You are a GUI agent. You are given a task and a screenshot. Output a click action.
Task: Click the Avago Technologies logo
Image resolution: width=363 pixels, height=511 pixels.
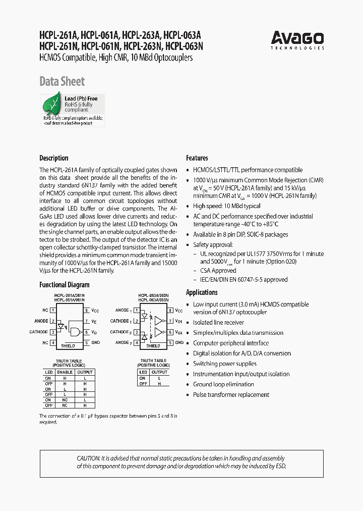[x=297, y=40]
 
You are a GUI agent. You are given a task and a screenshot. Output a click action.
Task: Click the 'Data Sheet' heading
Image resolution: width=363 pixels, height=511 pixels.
[x=62, y=81]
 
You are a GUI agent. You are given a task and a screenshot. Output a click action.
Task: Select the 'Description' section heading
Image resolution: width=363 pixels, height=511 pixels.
[x=53, y=158]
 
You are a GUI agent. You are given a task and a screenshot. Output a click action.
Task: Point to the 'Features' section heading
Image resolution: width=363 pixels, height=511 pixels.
[x=197, y=158]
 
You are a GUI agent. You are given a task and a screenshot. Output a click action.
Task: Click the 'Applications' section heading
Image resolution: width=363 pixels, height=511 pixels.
[x=202, y=292]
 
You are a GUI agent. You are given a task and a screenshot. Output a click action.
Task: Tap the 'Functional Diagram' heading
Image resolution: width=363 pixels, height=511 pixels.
[x=64, y=285]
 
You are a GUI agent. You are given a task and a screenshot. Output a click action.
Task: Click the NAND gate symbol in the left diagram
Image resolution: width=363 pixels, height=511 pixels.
[x=75, y=331]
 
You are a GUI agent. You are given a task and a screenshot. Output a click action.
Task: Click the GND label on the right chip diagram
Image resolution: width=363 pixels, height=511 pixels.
[x=179, y=342]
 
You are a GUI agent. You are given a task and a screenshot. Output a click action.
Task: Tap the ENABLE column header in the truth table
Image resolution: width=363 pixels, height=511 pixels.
[x=65, y=372]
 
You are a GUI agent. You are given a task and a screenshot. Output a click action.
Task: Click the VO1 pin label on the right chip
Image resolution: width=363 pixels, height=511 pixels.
[x=178, y=321]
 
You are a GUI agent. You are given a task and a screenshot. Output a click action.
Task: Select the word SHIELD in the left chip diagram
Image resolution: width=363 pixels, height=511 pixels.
[x=68, y=346]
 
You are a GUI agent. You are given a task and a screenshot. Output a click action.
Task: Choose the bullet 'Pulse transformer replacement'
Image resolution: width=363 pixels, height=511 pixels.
[x=231, y=394]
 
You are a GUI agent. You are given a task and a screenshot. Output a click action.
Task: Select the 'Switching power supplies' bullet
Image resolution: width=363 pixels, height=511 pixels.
[x=224, y=364]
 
